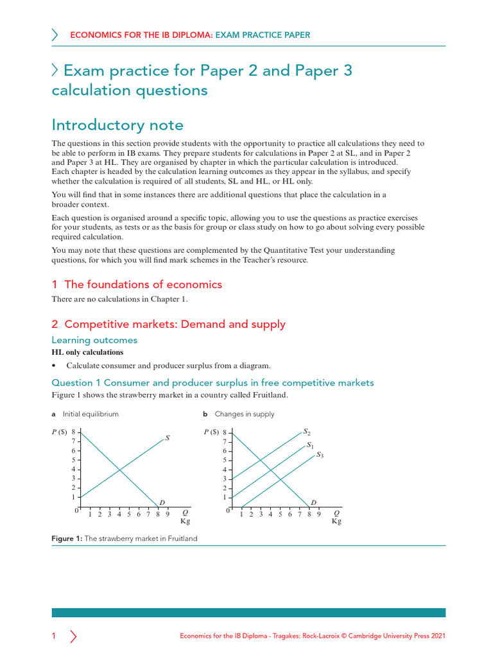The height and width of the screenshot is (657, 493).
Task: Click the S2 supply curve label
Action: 307,432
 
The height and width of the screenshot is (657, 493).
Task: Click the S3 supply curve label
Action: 320,455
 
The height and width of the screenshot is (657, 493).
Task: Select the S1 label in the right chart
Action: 310,445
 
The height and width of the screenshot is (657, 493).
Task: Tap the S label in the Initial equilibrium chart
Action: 168,438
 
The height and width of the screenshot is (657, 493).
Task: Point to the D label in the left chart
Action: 162,502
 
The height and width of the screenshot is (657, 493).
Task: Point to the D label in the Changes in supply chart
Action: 313,502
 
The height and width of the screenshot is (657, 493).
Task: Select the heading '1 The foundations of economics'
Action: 137,284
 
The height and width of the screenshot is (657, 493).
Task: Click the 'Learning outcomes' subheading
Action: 94,339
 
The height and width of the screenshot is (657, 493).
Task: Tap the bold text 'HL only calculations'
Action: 87,352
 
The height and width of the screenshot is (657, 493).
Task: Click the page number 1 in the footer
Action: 54,636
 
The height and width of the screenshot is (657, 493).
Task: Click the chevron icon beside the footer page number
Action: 73,636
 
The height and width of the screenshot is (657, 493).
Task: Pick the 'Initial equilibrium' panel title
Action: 91,414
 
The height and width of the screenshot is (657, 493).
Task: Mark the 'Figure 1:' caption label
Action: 67,539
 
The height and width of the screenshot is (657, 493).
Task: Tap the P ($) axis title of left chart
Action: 62,432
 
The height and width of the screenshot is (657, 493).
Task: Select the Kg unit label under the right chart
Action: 336,521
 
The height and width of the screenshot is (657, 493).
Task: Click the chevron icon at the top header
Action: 55,35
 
